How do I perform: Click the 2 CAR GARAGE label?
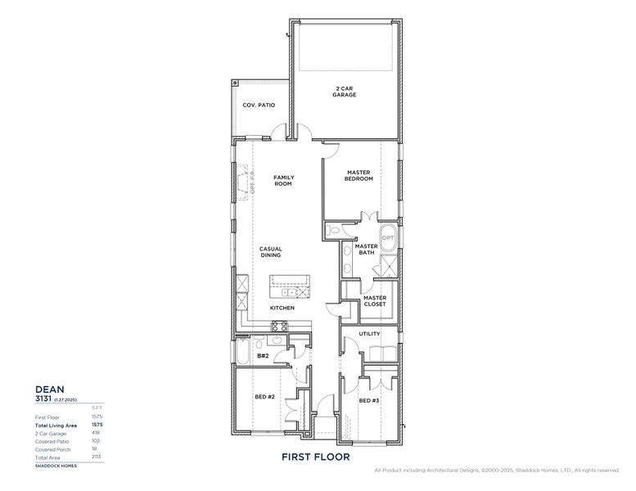click(345, 92)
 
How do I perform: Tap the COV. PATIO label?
click(259, 106)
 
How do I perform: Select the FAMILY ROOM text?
click(283, 180)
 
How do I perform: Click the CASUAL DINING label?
click(271, 252)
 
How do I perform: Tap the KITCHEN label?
click(282, 308)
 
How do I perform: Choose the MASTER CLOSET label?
click(374, 301)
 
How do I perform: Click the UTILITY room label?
click(369, 334)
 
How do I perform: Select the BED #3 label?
click(370, 400)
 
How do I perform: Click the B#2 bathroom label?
click(263, 356)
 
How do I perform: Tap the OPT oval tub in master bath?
click(387, 238)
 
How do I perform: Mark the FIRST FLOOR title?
click(316, 456)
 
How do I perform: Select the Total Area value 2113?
click(96, 457)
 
